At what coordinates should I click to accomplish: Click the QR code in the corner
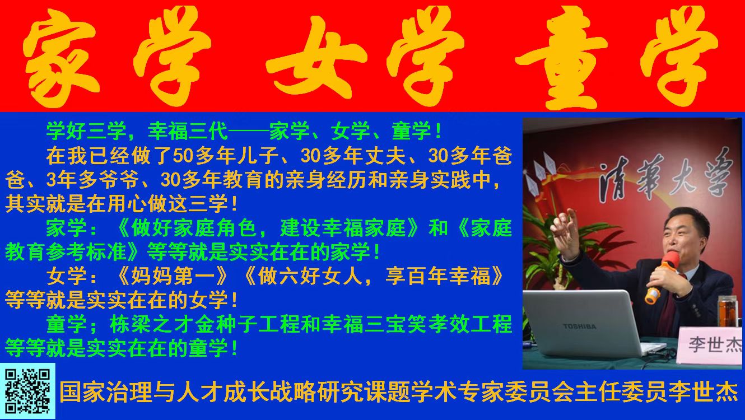pyautogui.click(x=27, y=391)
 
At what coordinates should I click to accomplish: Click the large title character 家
pyautogui.click(x=62, y=58)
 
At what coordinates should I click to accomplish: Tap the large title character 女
pyautogui.click(x=316, y=58)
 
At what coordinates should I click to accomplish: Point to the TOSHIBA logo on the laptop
pyautogui.click(x=579, y=326)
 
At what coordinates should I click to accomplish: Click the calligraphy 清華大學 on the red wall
pyautogui.click(x=665, y=176)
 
